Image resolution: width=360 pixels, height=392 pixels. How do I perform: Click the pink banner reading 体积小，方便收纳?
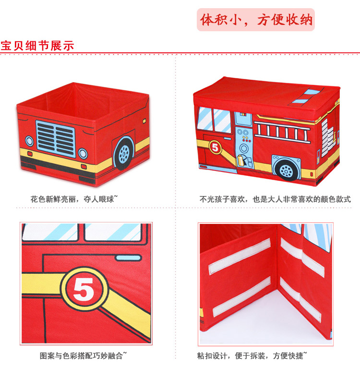(256, 20)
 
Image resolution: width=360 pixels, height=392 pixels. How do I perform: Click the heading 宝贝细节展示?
(37, 46)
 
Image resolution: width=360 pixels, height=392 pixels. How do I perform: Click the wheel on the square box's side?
(124, 152)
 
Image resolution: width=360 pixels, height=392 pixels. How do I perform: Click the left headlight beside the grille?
(29, 141)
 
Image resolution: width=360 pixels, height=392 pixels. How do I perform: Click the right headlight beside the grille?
(83, 153)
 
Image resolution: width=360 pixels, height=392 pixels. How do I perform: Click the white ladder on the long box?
(284, 129)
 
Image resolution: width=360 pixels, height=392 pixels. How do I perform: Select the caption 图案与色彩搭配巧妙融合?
(83, 356)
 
